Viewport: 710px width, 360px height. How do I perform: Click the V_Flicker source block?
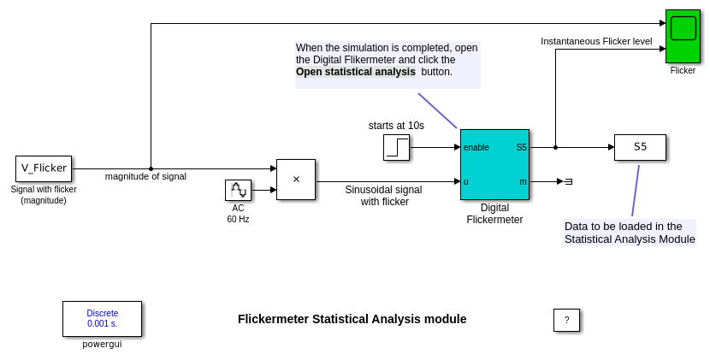(x=44, y=168)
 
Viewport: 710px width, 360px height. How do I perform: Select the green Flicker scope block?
(x=683, y=37)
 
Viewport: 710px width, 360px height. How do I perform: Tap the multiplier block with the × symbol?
(x=296, y=180)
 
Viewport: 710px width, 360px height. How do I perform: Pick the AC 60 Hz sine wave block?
(x=238, y=190)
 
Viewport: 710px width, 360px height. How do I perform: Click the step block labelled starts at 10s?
(x=396, y=147)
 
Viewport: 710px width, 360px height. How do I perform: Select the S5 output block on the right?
(x=640, y=147)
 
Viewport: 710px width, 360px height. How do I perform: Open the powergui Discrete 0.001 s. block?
(x=102, y=319)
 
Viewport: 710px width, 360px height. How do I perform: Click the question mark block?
(x=566, y=320)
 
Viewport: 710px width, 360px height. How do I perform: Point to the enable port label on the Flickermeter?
(x=476, y=147)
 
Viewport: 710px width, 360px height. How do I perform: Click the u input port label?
(x=466, y=181)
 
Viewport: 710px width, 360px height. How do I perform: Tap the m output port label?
(x=523, y=181)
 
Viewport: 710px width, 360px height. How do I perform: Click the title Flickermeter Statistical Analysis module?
(x=352, y=319)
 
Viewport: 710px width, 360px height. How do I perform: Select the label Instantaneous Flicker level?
(x=596, y=41)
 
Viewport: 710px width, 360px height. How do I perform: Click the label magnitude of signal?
(x=145, y=176)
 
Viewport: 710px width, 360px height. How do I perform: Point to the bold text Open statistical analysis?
(x=356, y=72)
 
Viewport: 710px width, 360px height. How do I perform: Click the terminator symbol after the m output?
(x=568, y=181)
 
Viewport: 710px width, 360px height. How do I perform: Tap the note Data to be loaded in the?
(x=624, y=226)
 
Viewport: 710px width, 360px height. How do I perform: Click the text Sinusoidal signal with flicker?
(x=383, y=196)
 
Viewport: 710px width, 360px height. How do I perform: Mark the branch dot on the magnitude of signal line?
(x=151, y=168)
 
